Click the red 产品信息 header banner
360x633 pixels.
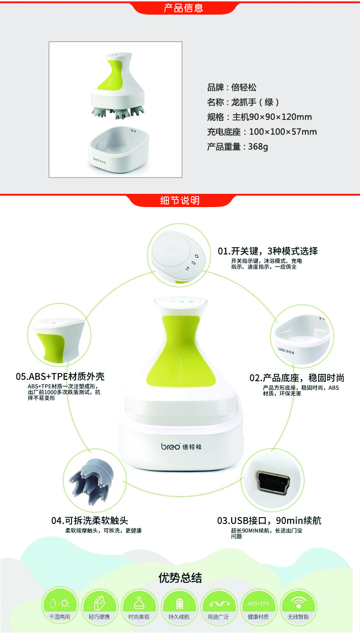pyautogui.click(x=184, y=8)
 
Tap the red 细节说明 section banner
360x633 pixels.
pyautogui.click(x=180, y=200)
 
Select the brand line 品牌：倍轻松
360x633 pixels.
pyautogui.click(x=232, y=87)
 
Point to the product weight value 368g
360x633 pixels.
pyautogui.click(x=258, y=147)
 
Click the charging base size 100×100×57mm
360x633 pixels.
pyautogui.click(x=283, y=132)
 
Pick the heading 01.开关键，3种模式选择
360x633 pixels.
pyautogui.click(x=267, y=251)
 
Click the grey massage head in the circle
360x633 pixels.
pyautogui.click(x=91, y=480)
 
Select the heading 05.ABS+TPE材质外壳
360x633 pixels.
pyautogui.click(x=60, y=376)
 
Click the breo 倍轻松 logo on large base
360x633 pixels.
pyautogui.click(x=181, y=446)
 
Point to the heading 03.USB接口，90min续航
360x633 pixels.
pyautogui.click(x=269, y=520)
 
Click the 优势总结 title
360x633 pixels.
pyautogui.click(x=180, y=578)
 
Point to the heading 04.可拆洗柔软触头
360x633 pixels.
pyautogui.click(x=90, y=520)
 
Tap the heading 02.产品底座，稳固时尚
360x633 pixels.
pyautogui.click(x=297, y=378)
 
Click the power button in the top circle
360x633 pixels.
pyautogui.click(x=171, y=248)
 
